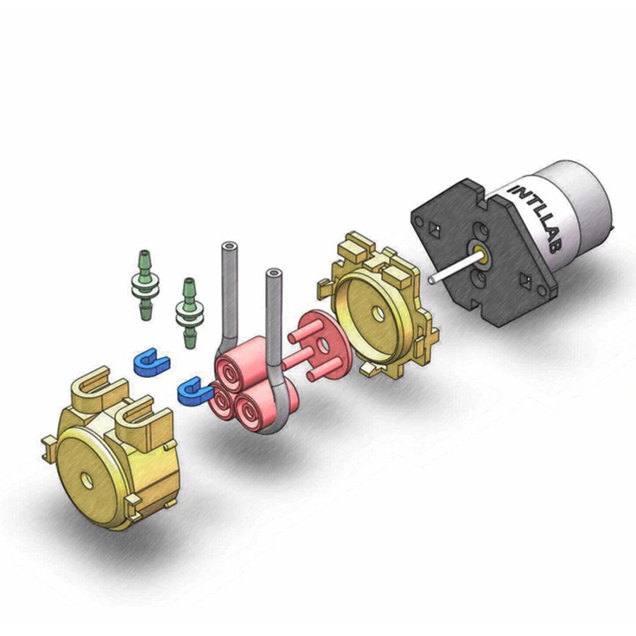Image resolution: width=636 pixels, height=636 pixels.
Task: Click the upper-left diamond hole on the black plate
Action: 435,229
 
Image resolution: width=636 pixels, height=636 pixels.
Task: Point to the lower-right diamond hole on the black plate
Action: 526,280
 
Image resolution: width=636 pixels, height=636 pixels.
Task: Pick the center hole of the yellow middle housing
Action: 378,314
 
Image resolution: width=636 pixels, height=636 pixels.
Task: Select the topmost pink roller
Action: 240,359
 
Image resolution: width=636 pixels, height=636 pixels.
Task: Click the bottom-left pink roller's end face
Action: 221,402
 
